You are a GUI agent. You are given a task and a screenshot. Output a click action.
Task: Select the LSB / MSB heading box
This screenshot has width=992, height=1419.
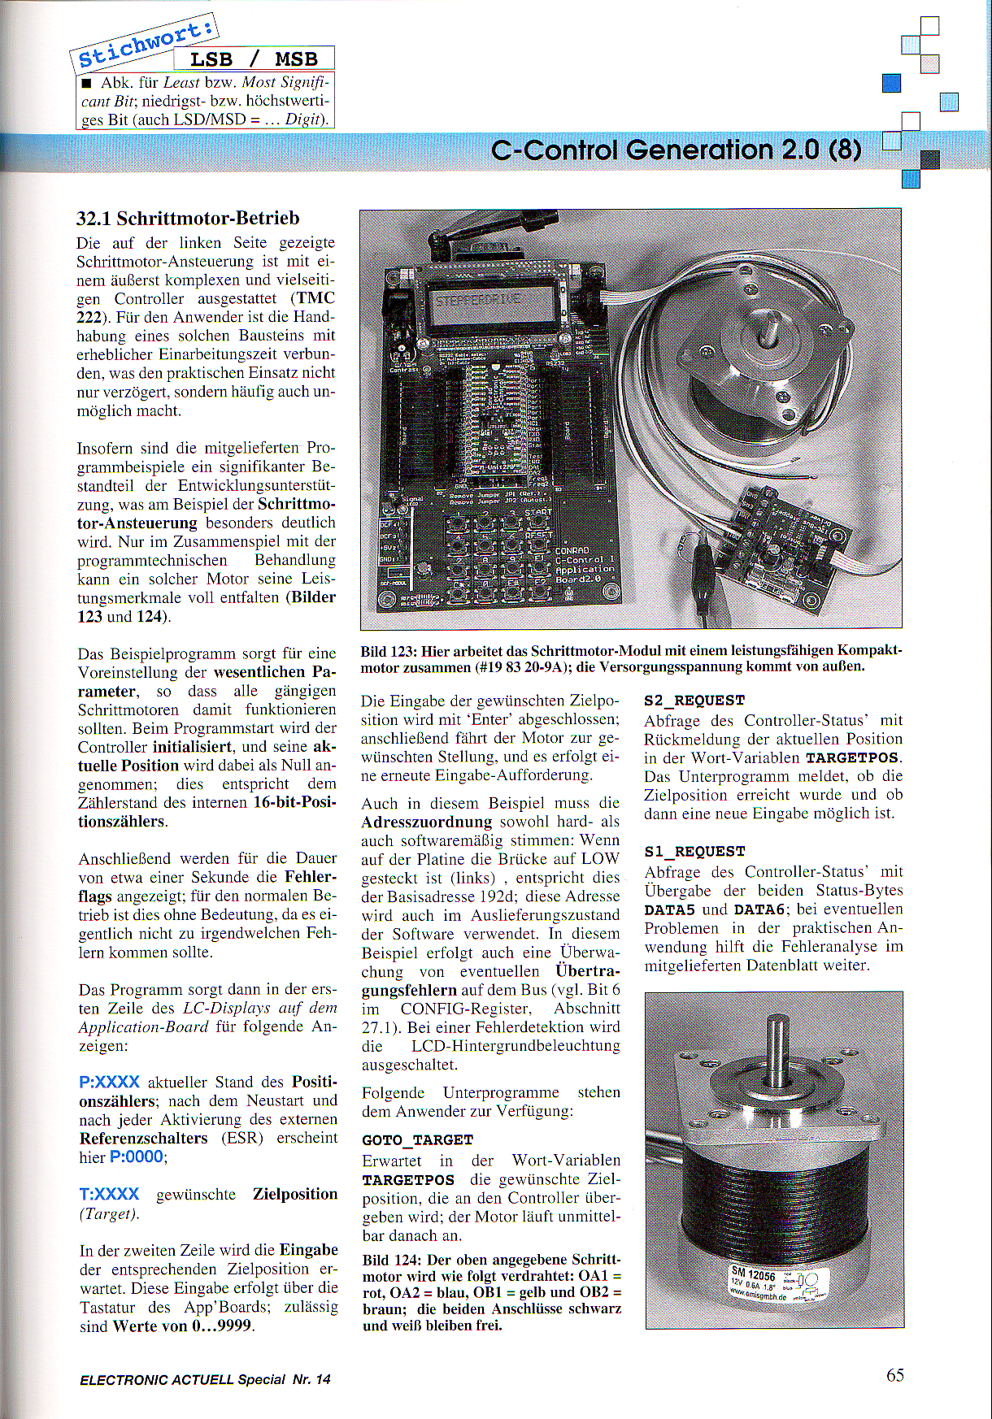[254, 59]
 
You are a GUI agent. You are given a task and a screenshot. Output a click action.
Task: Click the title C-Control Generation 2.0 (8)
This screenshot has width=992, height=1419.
[677, 150]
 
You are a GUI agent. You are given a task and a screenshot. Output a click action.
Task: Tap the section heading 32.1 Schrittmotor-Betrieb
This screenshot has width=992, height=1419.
[188, 218]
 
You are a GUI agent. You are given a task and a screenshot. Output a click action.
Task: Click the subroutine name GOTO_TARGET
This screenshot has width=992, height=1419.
[417, 1139]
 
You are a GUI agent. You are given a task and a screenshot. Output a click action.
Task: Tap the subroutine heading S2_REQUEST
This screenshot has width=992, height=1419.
[694, 700]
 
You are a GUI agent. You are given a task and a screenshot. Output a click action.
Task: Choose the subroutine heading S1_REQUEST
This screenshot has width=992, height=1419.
[694, 851]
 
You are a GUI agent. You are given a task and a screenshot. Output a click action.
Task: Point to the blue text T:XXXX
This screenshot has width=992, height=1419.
[109, 1194]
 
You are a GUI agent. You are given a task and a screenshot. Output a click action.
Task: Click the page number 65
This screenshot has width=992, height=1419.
[894, 1374]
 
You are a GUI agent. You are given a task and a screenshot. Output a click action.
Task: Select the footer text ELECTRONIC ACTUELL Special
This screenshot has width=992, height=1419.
[182, 1379]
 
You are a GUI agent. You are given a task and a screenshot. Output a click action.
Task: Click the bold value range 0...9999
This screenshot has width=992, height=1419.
[219, 1326]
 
